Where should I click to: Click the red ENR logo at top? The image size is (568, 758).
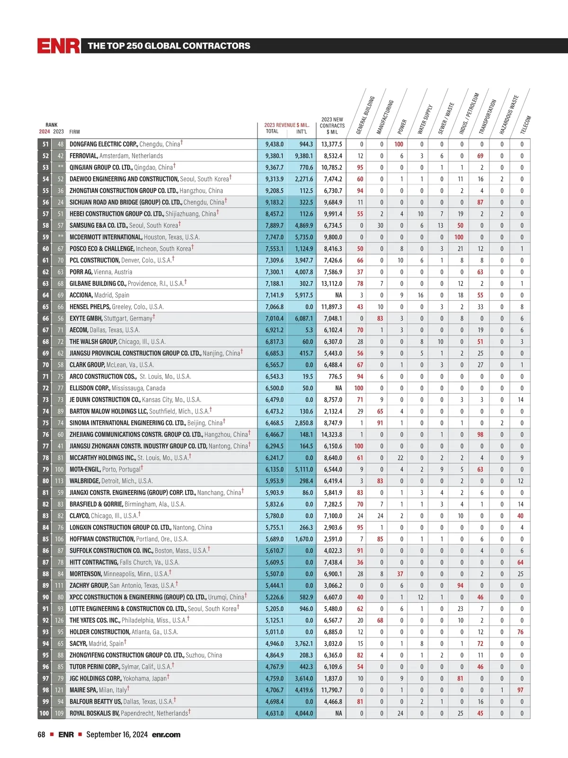pos(59,46)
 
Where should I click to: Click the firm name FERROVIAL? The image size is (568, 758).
pos(84,156)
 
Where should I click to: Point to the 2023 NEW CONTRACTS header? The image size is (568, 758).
pos(332,126)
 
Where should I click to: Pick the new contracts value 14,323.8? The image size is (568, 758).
pos(331,434)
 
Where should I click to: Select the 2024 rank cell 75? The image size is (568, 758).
pos(45,423)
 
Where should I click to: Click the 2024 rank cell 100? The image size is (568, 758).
pos(44,713)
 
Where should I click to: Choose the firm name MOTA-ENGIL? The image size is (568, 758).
pos(85,469)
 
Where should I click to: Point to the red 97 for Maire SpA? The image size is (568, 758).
pos(520,690)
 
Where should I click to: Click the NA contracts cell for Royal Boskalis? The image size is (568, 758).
pos(338,713)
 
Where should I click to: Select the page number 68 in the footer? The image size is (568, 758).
pos(42,735)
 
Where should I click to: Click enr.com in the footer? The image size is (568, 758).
pos(166,735)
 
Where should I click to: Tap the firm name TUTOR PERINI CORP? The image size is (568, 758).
pos(94,667)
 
